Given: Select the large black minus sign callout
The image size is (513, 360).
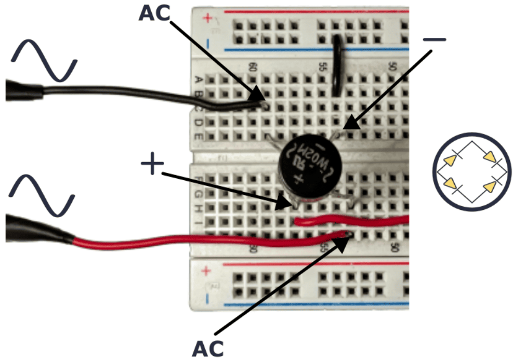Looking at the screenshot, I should tap(434, 39).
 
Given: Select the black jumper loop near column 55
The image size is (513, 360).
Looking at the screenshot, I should tap(337, 65).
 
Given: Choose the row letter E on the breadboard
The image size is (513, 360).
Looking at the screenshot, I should tap(198, 136).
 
